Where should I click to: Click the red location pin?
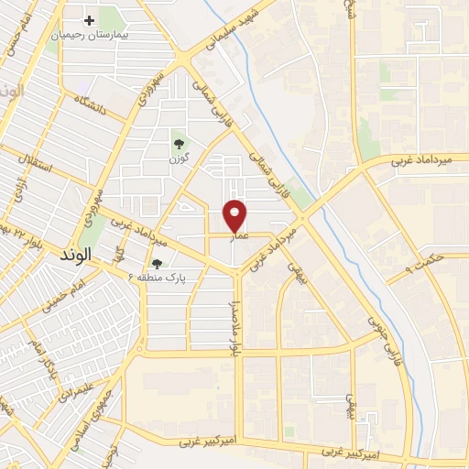pyautogui.click(x=235, y=215)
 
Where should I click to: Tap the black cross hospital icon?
pyautogui.click(x=89, y=20)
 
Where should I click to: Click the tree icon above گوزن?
pyautogui.click(x=178, y=144)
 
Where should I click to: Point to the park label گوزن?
pyautogui.click(x=178, y=159)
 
